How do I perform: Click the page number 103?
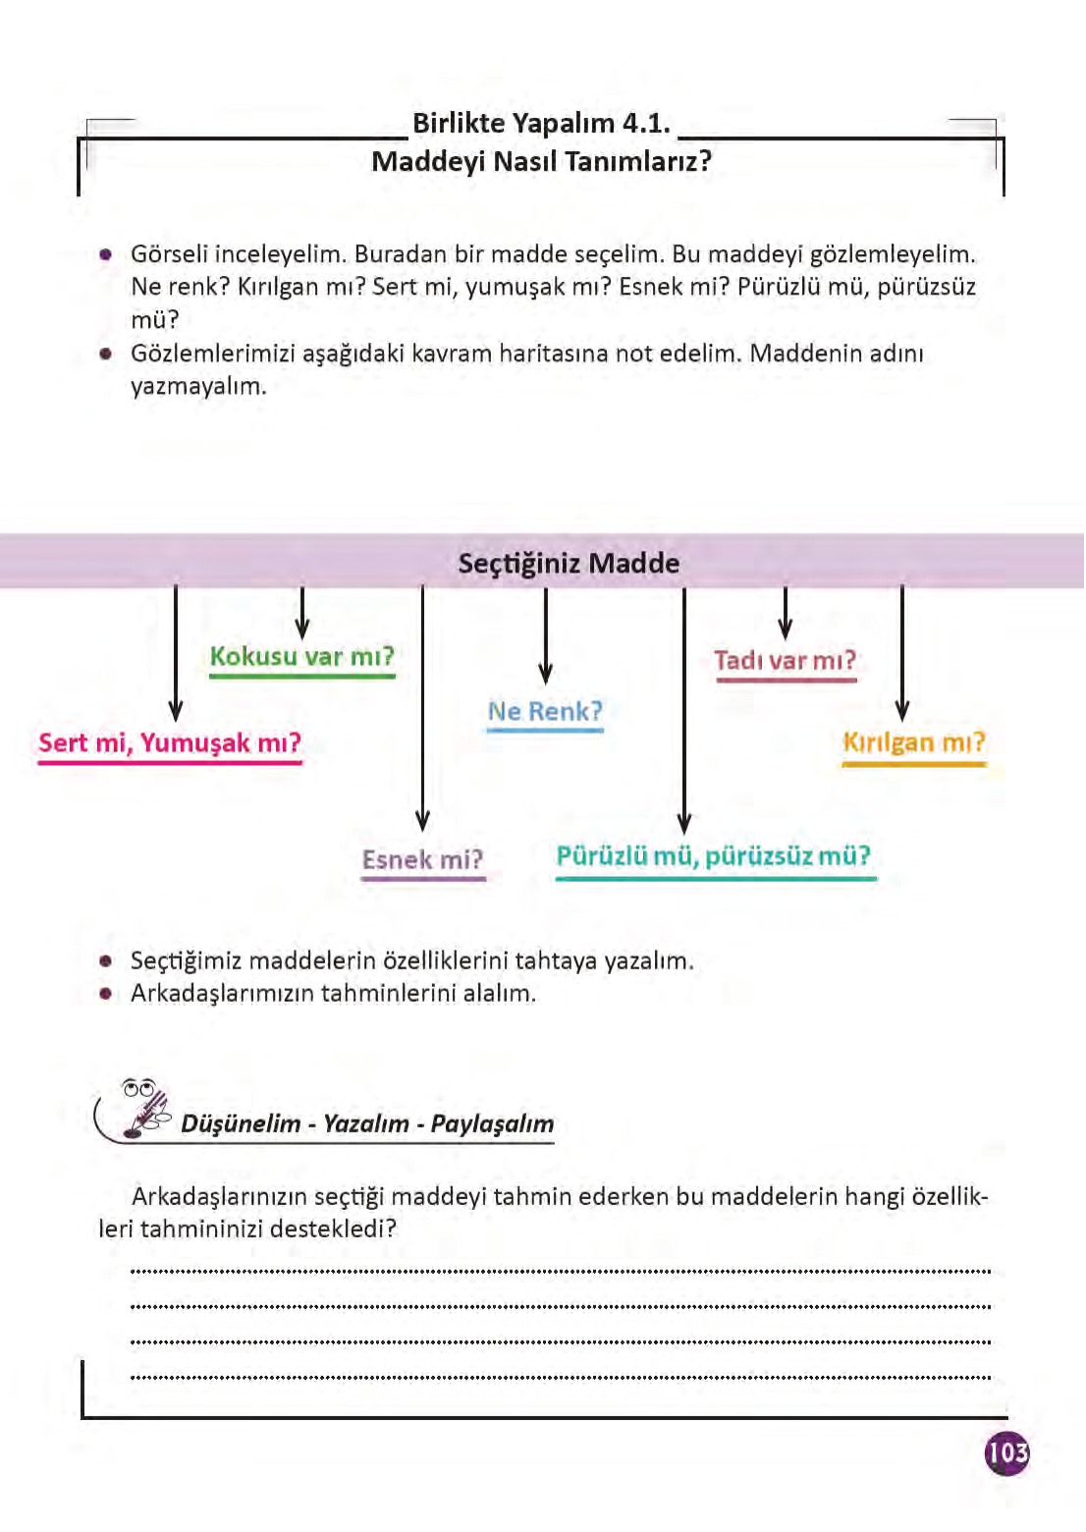tap(1006, 1452)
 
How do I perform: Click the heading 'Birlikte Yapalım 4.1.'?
tap(541, 124)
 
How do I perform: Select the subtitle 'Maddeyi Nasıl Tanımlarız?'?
tap(541, 161)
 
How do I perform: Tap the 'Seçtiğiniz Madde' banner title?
tap(569, 564)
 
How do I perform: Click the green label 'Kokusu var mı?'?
tap(301, 656)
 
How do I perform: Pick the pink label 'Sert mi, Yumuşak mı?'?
tap(170, 742)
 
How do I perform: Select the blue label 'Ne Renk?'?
tap(545, 711)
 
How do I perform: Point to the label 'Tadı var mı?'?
tap(786, 660)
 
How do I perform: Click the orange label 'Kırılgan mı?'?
tap(913, 742)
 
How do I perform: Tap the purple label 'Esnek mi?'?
tap(422, 860)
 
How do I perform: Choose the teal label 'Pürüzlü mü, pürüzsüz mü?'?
tap(714, 856)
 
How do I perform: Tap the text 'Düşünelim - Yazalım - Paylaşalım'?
tap(367, 1123)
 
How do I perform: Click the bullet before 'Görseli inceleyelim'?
tap(106, 254)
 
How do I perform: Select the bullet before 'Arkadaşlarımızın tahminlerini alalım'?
tap(106, 993)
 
